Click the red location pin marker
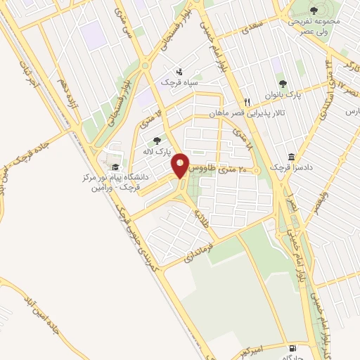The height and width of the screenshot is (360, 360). (181, 166)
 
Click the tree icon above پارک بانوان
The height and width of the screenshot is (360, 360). (283, 84)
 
